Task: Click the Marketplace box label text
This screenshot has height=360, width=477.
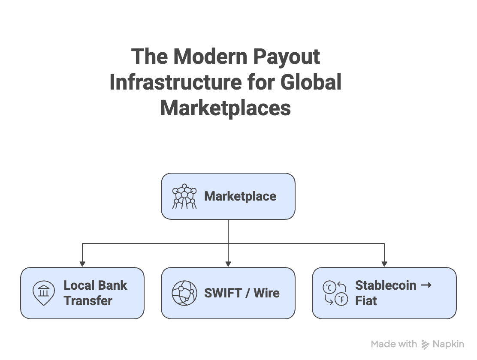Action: tap(240, 196)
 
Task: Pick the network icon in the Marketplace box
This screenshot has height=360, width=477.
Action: tap(184, 196)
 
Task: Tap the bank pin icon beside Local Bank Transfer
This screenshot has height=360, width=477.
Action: tap(44, 293)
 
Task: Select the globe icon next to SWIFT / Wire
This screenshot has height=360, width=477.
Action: tap(184, 293)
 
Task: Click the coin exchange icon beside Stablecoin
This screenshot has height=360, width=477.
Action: tap(335, 293)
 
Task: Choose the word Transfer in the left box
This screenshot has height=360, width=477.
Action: tap(88, 300)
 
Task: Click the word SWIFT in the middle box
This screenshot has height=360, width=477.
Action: tap(223, 293)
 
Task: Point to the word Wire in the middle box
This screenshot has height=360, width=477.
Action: tap(266, 293)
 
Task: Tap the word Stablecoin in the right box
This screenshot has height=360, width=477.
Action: tap(386, 285)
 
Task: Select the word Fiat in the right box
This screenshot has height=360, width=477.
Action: tap(366, 300)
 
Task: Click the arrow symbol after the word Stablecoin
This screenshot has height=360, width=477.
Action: tap(426, 285)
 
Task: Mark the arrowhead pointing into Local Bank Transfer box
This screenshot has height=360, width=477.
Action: tap(82, 264)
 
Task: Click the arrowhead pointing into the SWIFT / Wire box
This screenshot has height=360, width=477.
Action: tap(228, 264)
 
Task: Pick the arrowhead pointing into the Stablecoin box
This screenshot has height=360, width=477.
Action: tap(384, 264)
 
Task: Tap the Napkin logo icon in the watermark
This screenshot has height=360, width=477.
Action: tap(426, 344)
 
